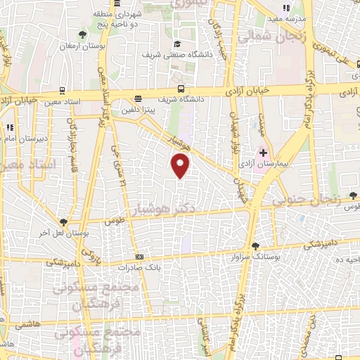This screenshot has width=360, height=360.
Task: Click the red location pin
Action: (181, 166)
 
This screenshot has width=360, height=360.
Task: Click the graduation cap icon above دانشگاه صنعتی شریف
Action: (176, 44)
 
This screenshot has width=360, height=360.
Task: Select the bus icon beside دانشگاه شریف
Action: (181, 89)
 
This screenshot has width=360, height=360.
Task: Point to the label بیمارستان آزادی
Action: (267, 163)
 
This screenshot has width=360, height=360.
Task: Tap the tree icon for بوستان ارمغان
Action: (83, 34)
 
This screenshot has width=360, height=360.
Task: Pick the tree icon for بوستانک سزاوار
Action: (255, 246)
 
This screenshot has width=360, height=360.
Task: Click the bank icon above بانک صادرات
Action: (139, 257)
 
